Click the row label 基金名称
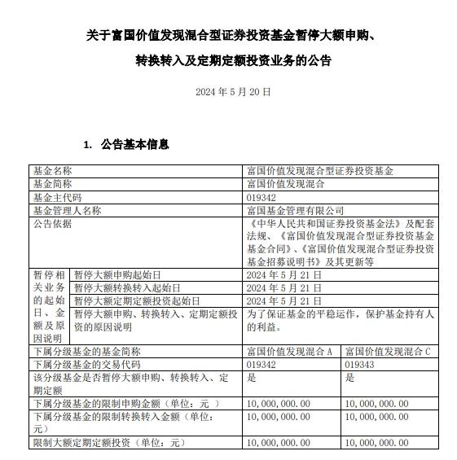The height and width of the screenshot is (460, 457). pos(52,171)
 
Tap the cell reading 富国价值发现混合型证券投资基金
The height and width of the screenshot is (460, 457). pos(319,171)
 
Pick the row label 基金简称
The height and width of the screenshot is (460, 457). pos(52,184)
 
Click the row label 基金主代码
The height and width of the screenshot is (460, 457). pos(57,197)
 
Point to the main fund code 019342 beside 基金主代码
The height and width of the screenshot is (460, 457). pos(261,197)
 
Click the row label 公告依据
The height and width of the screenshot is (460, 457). pos(52,223)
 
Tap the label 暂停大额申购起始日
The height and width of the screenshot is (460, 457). pos(118,275)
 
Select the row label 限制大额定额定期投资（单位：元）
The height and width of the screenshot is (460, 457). pos(109,442)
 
